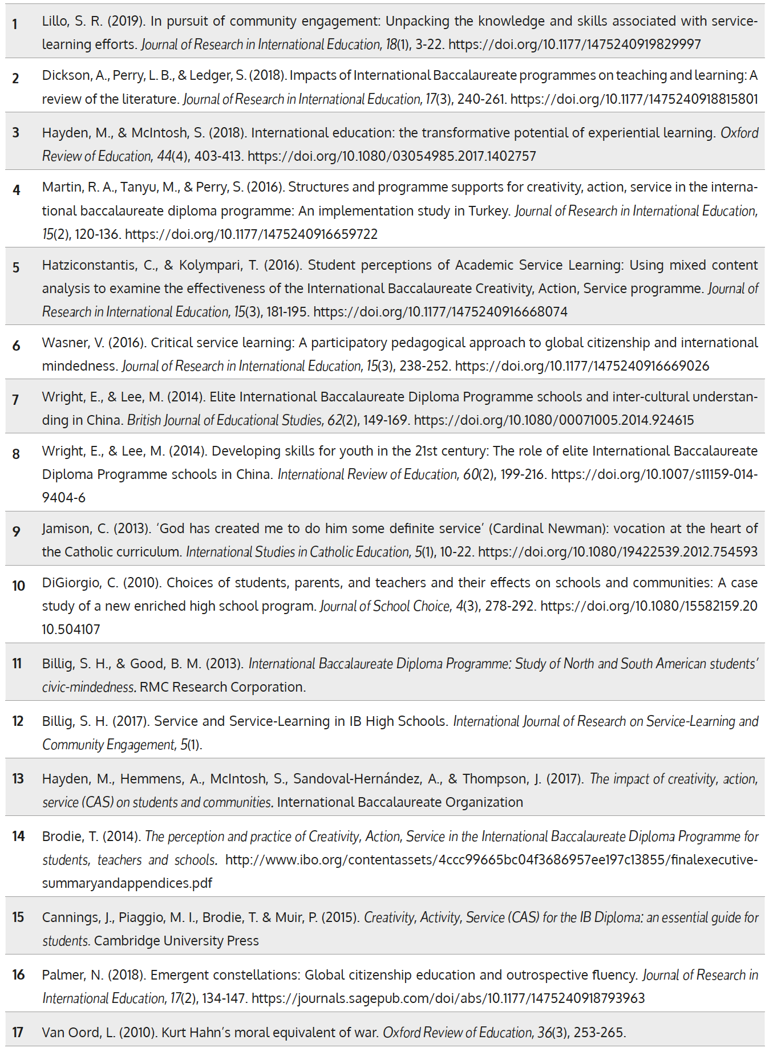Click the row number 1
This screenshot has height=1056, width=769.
tap(15, 24)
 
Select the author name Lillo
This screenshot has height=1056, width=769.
tap(55, 21)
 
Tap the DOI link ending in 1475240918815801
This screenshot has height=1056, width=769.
tap(634, 99)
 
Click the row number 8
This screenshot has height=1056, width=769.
tap(16, 454)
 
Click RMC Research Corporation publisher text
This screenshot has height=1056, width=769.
tap(222, 687)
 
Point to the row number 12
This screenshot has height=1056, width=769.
tap(18, 721)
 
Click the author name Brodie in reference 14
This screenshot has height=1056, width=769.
tap(62, 836)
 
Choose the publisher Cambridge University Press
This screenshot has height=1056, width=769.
tap(176, 941)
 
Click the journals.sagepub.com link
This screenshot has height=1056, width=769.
tap(448, 998)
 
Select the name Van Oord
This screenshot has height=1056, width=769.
tap(72, 1033)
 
